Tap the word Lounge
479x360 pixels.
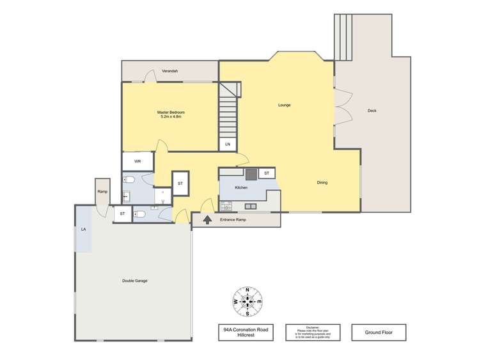[285, 105]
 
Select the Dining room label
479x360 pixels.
[322, 183]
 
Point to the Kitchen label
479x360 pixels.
[241, 187]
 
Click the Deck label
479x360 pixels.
[372, 111]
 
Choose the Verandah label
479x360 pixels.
[169, 70]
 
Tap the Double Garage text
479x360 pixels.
[135, 281]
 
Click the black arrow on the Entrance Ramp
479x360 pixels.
[207, 220]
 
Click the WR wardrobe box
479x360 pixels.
[137, 161]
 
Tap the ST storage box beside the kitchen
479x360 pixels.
[266, 173]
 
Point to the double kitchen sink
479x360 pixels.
[250, 206]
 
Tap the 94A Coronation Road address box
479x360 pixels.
[243, 333]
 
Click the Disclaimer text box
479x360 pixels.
[311, 333]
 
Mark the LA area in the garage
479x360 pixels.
[83, 230]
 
